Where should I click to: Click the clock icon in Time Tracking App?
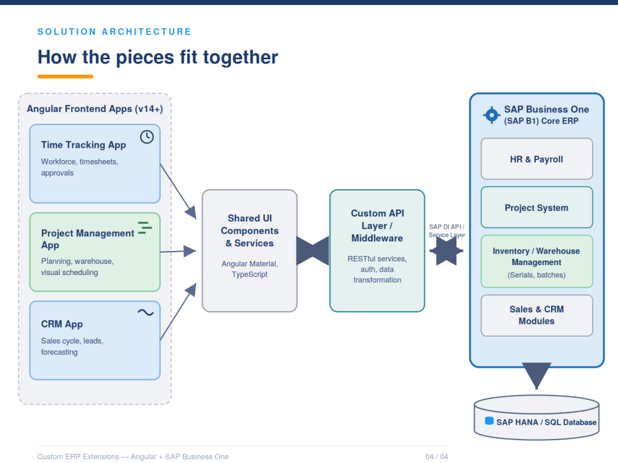point(147,137)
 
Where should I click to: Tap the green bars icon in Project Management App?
point(145,227)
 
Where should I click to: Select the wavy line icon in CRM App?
point(145,312)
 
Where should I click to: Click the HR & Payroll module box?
point(536,159)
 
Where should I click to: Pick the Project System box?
point(536,208)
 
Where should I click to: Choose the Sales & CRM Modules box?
point(536,315)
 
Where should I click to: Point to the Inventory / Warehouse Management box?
point(536,261)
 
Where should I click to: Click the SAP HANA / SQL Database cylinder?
point(536,417)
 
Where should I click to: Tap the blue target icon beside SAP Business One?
point(491,115)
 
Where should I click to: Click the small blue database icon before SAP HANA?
point(489,421)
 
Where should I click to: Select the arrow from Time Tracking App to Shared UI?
point(178,191)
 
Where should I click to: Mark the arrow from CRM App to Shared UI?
point(178,312)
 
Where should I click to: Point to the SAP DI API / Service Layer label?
point(447,231)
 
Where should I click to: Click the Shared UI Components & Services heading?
point(250,231)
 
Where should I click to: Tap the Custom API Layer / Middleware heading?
point(377,226)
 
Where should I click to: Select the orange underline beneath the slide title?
point(66,77)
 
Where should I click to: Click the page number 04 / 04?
point(437,456)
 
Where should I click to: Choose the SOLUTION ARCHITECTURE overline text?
point(114,32)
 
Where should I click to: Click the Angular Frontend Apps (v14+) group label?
point(95,109)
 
